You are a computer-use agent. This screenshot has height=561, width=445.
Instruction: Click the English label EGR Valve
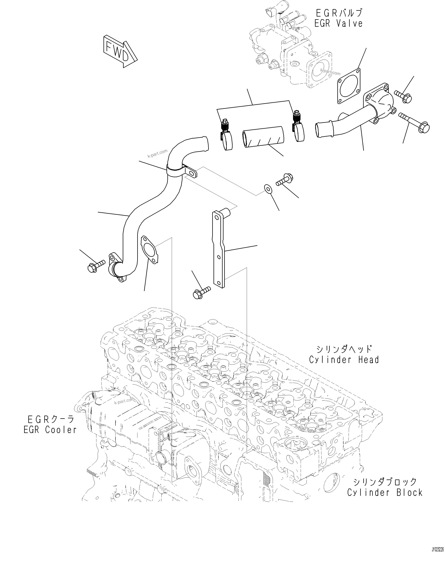pyautogui.click(x=338, y=24)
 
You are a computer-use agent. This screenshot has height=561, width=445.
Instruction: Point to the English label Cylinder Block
pyautogui.click(x=385, y=493)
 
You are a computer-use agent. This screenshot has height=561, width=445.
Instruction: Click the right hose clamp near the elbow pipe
pyautogui.click(x=298, y=127)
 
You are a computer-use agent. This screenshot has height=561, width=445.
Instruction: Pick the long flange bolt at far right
pyautogui.click(x=414, y=122)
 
